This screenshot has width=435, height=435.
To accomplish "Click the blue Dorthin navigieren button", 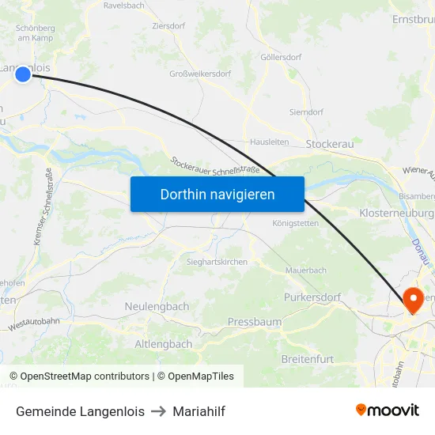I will pyautogui.click(x=217, y=194).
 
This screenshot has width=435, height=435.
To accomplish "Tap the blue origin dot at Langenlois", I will pyautogui.click(x=23, y=74).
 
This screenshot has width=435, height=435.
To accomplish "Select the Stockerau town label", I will pyautogui.click(x=329, y=144).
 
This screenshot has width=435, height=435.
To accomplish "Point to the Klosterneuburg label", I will pyautogui.click(x=396, y=214).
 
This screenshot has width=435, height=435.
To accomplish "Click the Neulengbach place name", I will pyautogui.click(x=157, y=306).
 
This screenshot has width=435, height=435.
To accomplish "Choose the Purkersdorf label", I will pyautogui.click(x=312, y=297).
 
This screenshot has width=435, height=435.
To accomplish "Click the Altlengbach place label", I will pyautogui.click(x=164, y=344).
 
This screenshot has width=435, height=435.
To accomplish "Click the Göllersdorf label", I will pyautogui.click(x=281, y=58).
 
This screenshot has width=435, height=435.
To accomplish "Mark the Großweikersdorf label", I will pyautogui.click(x=200, y=74).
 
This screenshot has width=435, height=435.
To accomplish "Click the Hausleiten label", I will pyautogui.click(x=269, y=142).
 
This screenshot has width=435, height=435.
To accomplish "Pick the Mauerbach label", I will pyautogui.click(x=305, y=270).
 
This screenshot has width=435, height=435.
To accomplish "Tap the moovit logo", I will pyautogui.click(x=387, y=410).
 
